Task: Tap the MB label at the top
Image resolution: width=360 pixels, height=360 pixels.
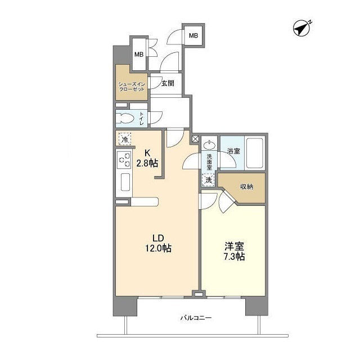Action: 193,36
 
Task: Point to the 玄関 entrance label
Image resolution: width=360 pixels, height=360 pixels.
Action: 167,83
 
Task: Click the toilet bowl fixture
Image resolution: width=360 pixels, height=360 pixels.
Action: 127,118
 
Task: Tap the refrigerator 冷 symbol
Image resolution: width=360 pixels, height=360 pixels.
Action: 124,139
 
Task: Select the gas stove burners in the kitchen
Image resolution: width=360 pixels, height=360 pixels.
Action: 124,160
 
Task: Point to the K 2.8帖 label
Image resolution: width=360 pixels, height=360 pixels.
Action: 148,157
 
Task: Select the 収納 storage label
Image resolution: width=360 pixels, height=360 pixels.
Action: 246,186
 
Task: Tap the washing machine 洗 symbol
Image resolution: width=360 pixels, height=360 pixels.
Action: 209,180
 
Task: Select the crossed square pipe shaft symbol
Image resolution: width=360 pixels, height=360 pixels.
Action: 196,138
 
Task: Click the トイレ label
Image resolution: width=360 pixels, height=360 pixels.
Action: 141,118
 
